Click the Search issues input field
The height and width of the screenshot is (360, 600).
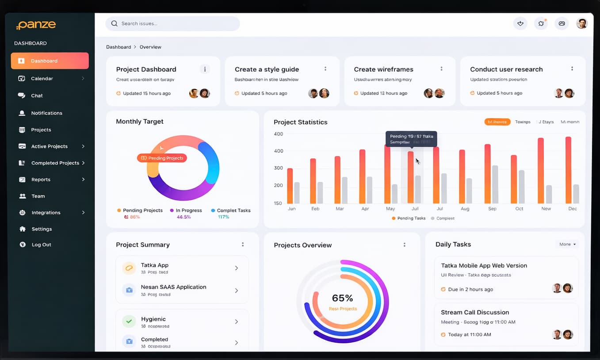(x=172, y=23)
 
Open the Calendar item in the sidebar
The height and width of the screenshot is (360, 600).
(x=42, y=78)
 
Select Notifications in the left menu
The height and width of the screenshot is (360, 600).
(x=46, y=113)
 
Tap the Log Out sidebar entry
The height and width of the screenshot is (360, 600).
(x=41, y=245)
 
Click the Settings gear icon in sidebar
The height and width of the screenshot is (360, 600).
(x=23, y=229)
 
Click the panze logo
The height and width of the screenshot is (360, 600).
(x=36, y=25)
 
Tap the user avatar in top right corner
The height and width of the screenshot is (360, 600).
(x=582, y=23)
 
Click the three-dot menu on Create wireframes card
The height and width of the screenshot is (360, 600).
(x=441, y=69)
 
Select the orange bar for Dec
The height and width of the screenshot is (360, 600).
(x=568, y=170)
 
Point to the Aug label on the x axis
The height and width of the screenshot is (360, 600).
(x=465, y=208)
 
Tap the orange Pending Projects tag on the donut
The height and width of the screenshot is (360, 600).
(x=162, y=158)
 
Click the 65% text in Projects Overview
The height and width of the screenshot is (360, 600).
(x=342, y=298)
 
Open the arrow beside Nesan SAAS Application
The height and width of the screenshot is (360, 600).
(x=237, y=291)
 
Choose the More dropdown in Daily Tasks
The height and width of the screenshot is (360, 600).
(x=567, y=244)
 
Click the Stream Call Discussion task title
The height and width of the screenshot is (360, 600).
(x=475, y=312)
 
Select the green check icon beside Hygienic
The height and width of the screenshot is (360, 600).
(x=129, y=322)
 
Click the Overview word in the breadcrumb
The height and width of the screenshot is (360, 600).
(x=150, y=47)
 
